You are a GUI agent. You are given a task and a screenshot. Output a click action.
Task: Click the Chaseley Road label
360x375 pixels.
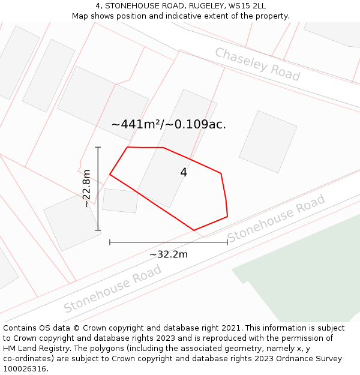(257, 64)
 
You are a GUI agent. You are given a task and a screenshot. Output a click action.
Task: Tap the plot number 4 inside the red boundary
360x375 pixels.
(184, 173)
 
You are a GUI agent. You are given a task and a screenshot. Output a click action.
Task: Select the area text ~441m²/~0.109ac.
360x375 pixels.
(169, 125)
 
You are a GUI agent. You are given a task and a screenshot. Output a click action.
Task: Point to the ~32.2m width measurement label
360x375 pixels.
(169, 254)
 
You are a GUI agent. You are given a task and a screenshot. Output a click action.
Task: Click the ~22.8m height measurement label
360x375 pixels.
(86, 188)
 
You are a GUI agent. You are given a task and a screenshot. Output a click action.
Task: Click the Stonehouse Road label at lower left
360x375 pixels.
(113, 289)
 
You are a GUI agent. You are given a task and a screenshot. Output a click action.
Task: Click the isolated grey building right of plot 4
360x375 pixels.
(268, 142)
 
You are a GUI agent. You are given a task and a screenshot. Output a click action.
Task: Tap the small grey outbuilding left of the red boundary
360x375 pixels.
(120, 200)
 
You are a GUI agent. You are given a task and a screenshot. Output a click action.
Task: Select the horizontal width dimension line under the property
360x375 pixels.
(169, 242)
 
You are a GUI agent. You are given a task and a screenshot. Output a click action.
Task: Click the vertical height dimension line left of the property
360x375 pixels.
(98, 188)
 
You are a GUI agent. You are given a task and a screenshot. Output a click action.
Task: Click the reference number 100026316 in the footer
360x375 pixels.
(25, 369)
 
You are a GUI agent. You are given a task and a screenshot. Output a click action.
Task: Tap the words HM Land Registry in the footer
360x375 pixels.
(31, 349)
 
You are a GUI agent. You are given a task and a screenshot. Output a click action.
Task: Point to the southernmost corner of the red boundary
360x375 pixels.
(194, 230)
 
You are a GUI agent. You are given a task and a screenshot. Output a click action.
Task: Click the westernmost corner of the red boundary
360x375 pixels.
(110, 175)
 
